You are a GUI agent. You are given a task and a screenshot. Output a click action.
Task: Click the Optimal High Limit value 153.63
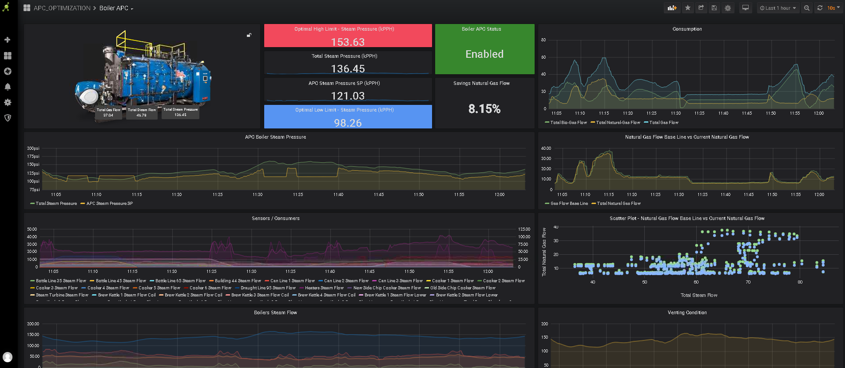click(348, 42)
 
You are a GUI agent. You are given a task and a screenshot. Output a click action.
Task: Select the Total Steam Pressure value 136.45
click(348, 69)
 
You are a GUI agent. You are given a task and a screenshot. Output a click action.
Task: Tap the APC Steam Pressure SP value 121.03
click(348, 96)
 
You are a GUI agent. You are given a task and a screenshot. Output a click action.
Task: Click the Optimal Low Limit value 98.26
click(348, 123)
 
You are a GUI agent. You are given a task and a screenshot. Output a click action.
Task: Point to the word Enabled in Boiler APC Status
click(484, 54)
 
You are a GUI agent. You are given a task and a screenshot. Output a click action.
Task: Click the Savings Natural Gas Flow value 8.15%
click(484, 109)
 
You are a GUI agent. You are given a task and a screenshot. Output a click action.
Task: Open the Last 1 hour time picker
click(778, 8)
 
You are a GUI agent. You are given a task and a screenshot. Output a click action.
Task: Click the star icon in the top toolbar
click(688, 8)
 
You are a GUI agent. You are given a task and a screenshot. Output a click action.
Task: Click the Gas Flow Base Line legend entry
click(569, 204)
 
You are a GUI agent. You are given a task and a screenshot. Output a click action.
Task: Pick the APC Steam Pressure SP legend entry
click(109, 204)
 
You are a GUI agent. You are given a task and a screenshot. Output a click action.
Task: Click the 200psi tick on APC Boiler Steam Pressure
click(33, 148)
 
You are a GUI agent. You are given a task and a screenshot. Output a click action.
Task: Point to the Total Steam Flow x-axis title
click(699, 295)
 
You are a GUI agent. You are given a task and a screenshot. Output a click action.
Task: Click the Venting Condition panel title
click(687, 312)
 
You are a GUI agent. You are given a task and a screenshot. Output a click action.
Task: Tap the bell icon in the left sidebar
click(8, 87)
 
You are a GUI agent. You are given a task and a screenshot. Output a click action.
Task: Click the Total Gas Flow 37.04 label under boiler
click(108, 112)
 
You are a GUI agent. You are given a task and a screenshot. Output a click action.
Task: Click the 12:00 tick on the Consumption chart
click(818, 113)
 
